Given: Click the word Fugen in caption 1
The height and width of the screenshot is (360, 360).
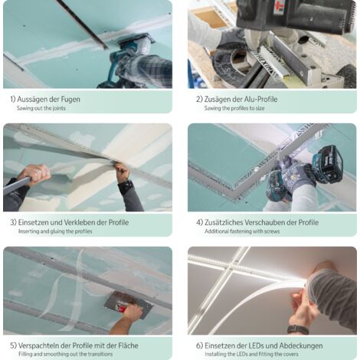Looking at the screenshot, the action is click(70, 99).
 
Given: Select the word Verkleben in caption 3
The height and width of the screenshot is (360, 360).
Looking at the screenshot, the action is click(80, 222).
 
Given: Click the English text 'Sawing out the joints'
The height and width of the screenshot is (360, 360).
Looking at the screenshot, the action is click(41, 108).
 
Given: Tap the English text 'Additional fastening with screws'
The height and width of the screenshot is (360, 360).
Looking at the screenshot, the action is click(242, 231).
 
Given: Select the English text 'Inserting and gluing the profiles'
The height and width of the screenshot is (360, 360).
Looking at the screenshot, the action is click(55, 231).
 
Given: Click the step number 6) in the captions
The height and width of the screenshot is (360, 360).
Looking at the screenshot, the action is click(199, 346).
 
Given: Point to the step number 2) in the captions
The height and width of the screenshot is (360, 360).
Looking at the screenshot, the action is click(199, 100).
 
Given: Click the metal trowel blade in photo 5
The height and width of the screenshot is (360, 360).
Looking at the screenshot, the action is click(127, 304).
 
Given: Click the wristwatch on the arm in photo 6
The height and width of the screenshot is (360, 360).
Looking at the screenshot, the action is click(298, 329).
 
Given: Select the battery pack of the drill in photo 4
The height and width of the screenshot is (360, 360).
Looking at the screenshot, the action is click(327, 164).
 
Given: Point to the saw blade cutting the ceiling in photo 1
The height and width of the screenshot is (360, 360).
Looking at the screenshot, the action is click(83, 25).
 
